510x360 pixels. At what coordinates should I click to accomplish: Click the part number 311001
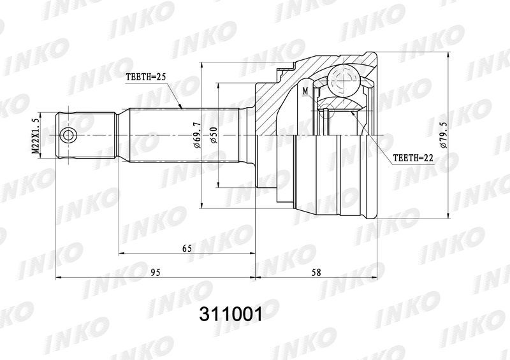coord(231,314)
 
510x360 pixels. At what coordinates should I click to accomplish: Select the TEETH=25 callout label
coord(146,77)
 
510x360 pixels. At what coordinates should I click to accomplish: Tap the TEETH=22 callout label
coord(413,158)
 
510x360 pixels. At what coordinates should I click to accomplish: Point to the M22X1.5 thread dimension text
coord(35,135)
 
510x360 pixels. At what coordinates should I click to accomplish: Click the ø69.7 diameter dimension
coord(197,135)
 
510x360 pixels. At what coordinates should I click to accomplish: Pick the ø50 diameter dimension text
coord(214,135)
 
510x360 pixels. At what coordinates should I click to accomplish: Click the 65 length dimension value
coord(187,248)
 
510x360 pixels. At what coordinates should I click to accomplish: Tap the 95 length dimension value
coord(156,272)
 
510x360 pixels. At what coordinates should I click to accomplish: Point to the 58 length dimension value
coord(316,272)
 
